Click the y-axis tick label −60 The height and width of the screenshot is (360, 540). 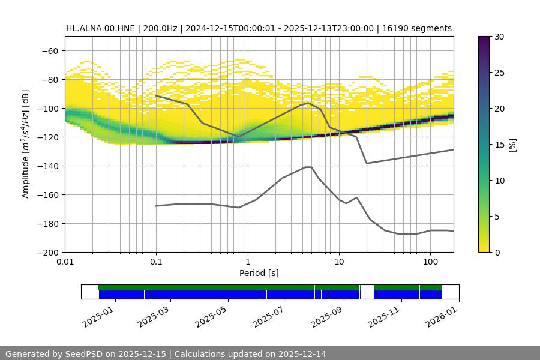tap(50, 50)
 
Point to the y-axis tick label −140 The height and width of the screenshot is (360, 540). tap(47, 166)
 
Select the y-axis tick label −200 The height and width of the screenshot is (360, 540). tap(47, 252)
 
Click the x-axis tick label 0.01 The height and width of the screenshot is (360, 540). tap(65, 263)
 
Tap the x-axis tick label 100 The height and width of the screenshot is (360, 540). tap(430, 263)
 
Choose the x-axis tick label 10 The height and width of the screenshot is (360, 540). tap(338, 263)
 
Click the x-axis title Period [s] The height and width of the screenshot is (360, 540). tap(259, 273)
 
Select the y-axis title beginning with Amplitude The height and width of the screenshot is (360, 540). tap(26, 144)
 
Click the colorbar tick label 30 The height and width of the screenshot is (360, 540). tap(499, 37)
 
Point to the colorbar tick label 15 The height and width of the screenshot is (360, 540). tap(499, 145)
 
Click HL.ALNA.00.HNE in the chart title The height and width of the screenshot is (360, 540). tap(100, 28)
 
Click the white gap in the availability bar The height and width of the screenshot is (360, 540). tap(370, 292)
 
